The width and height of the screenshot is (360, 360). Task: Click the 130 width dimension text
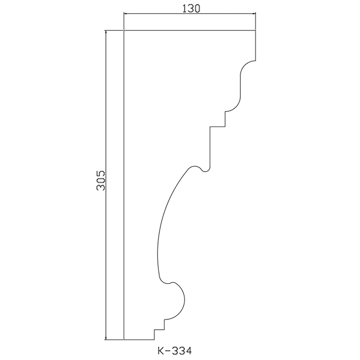(191, 8)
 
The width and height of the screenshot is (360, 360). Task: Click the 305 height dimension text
(101, 180)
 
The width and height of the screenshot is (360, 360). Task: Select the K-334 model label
(175, 351)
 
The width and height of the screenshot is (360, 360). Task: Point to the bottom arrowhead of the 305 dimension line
(106, 338)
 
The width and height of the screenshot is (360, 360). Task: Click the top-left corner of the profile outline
(124, 30)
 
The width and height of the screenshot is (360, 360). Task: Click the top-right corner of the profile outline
(256, 30)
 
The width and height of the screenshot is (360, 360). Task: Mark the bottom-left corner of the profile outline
(124, 339)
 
